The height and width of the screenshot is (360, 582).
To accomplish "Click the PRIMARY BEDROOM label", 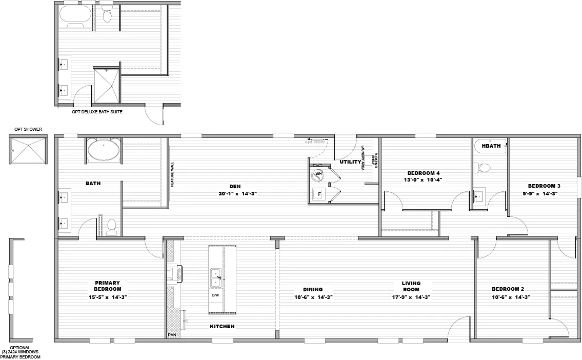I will point(107,286).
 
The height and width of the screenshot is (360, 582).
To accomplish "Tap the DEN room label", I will point(235,186).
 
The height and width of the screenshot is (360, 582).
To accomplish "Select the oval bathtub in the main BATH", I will point(104,151).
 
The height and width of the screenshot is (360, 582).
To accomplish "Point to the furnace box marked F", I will point(319,195).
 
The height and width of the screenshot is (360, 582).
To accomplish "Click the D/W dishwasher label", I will point(215,295).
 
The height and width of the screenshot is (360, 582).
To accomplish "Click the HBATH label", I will point(491,146).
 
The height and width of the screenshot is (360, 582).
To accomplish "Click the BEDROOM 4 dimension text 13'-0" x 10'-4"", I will point(424,180).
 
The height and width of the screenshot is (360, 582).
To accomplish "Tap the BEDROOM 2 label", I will point(508,289).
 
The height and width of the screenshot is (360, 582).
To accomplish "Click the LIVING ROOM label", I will point(411,286).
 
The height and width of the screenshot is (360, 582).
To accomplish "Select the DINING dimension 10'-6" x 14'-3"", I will point(314,297).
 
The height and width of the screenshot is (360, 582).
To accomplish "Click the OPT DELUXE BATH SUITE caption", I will point(97,111).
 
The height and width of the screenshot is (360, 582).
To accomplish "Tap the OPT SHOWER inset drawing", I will point(29,149).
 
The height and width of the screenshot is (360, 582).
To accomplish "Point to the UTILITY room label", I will point(350,162).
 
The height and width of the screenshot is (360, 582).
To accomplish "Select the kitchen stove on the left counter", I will point(173,273).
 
